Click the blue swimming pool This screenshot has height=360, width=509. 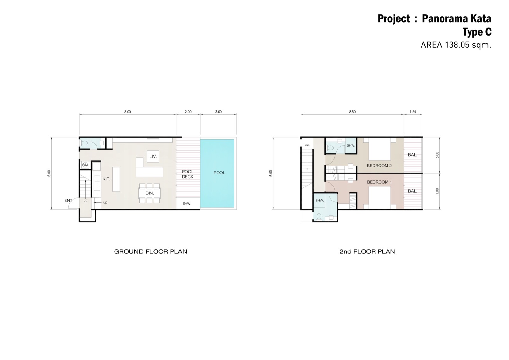click(217, 173)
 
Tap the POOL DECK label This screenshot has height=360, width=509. click(188, 174)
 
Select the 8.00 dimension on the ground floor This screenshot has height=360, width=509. click(128, 112)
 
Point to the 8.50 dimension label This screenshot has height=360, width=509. click(352, 112)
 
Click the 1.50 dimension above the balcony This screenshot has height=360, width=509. click(413, 112)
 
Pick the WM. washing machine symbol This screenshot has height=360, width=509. click(85, 165)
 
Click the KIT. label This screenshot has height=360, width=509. click(106, 179)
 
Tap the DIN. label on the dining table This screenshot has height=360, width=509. click(150, 193)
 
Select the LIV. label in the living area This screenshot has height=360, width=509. click(153, 157)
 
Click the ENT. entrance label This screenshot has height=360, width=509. click(69, 201)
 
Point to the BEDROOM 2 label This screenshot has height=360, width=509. click(379, 166)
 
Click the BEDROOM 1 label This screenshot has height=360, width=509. click(380, 182)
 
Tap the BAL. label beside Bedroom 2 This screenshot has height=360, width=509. click(413, 155)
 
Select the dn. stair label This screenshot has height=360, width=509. click(307, 145)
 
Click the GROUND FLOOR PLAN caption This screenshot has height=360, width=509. click(151, 251)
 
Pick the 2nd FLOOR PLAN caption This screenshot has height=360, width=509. click(367, 251)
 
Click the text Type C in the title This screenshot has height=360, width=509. click(477, 32)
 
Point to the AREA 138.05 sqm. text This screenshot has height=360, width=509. click(456, 45)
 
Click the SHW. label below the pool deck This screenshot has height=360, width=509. click(187, 204)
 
